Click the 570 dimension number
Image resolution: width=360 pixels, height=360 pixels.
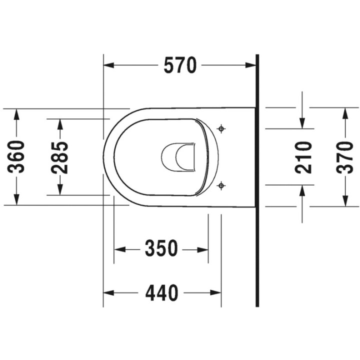tap(180, 65)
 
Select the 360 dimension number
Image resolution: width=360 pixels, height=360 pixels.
tap(16, 157)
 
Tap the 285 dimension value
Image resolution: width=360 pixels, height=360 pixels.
tap(60, 157)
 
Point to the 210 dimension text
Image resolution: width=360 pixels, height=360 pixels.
tap(303, 157)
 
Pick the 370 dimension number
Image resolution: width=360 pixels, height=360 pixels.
tap(344, 157)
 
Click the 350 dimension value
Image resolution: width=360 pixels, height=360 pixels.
tap(161, 248)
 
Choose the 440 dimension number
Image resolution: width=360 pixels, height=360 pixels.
tap(161, 292)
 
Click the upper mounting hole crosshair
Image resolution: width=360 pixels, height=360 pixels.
tap(221, 128)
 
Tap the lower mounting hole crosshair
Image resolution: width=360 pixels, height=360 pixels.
tap(221, 185)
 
